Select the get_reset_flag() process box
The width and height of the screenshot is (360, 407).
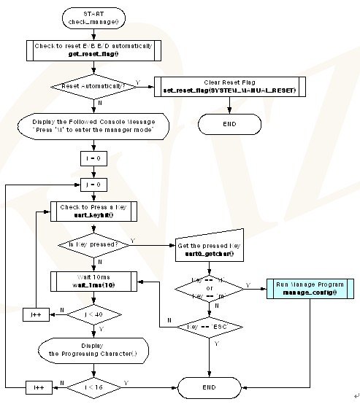(92, 50)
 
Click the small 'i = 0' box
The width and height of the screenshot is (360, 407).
(92, 157)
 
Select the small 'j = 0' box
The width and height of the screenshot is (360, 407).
(92, 185)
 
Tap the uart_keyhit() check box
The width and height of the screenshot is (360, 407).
(92, 211)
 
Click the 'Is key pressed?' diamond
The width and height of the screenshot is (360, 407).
(92, 246)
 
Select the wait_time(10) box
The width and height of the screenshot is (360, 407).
(92, 281)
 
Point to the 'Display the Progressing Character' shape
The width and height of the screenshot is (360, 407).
(92, 349)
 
